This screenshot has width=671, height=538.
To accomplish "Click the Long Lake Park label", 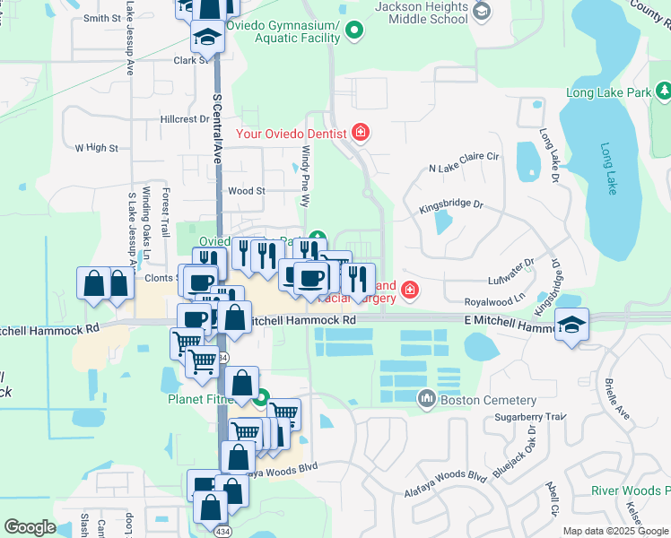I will [608, 92].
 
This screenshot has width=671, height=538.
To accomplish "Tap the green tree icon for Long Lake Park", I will [662, 91].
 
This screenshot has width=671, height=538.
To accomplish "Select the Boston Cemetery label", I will [490, 400].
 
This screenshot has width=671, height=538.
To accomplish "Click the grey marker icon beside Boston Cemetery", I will [427, 398].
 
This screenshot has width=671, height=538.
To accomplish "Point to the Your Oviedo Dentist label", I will [292, 134].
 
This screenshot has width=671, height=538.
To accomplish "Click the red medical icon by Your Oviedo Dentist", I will [361, 134].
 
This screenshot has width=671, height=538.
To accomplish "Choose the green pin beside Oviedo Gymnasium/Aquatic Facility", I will [354, 31].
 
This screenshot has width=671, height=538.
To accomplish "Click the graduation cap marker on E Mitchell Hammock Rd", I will [571, 325].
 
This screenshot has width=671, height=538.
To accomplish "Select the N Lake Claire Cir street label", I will [463, 168].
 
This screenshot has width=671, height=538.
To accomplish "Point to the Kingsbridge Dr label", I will [451, 207].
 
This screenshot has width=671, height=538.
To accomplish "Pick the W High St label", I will [96, 148].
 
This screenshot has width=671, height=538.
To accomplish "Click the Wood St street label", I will [247, 191].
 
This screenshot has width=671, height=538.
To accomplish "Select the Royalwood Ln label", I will [492, 304].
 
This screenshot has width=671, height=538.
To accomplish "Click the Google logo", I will [30, 527].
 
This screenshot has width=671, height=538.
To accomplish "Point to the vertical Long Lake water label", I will [609, 169].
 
